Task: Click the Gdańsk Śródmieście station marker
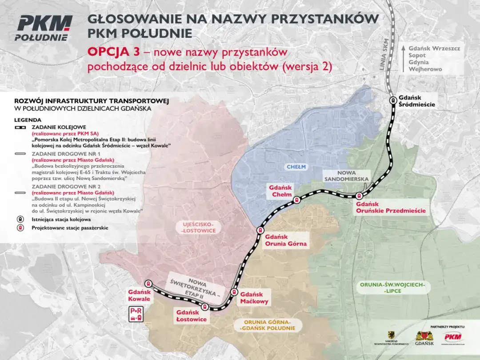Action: pos(393,100)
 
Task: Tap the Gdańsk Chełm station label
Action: pos(280,191)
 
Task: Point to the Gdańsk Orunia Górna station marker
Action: pos(260,230)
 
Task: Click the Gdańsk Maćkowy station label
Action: pos(252,298)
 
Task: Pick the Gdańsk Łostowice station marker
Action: pos(205,307)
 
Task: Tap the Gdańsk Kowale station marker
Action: pos(148,283)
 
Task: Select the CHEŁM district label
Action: pos(296,167)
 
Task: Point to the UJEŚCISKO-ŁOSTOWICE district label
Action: pos(199,228)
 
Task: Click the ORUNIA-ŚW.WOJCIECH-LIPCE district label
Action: pos(392,288)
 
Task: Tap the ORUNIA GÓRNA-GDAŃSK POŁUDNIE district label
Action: pos(267,325)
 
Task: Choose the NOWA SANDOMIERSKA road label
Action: pos(346,176)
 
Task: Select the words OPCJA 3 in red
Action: pos(112,52)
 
